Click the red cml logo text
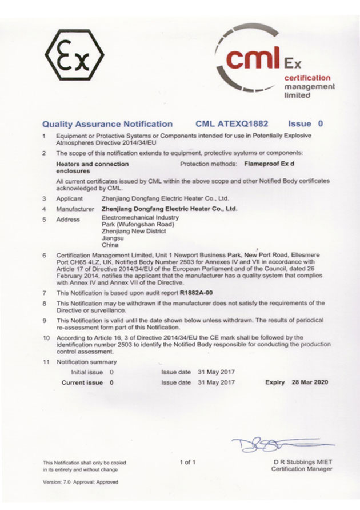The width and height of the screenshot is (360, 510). (x=252, y=59)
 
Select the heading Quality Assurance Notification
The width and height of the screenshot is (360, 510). (x=107, y=123)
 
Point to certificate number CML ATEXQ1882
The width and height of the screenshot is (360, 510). (x=231, y=123)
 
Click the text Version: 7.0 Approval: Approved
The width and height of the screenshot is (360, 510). (x=80, y=482)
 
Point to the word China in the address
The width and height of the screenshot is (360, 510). (x=110, y=245)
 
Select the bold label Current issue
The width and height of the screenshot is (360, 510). (x=82, y=382)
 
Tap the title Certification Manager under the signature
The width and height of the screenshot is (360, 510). (x=301, y=469)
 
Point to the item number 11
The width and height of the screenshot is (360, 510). (x=46, y=362)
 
